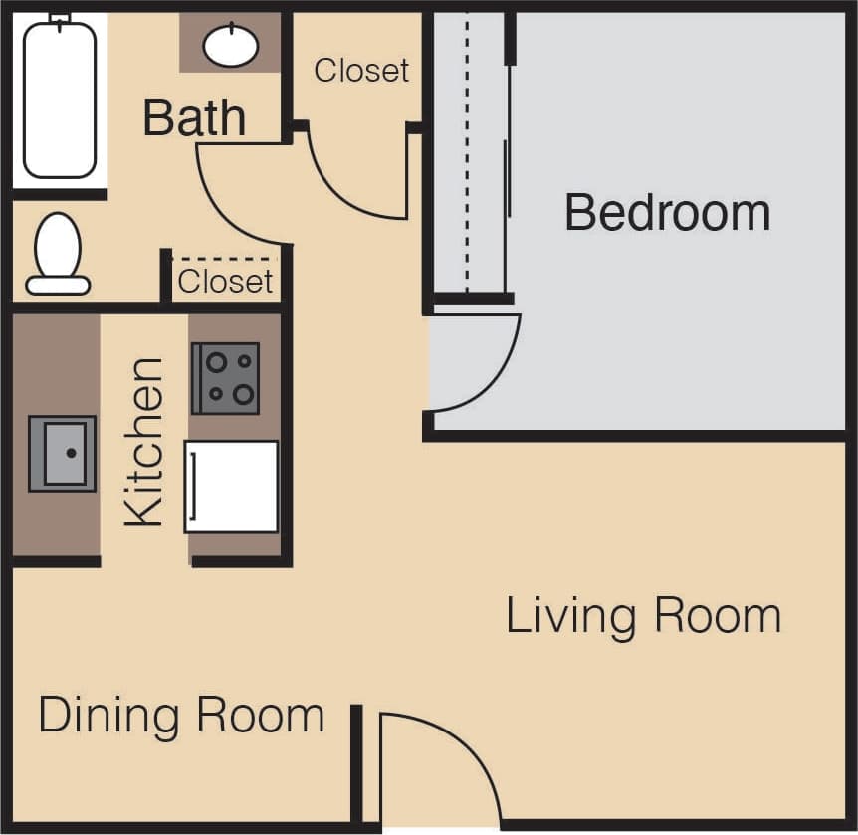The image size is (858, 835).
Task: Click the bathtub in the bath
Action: coord(60,100)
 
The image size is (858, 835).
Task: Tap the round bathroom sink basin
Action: coord(231,45)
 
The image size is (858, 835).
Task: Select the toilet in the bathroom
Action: coord(58,254)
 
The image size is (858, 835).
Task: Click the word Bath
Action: coord(194,117)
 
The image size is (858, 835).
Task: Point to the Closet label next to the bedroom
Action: coord(361,70)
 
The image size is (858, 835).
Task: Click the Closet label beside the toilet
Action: coord(225,282)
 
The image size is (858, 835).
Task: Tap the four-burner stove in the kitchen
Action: coord(226,378)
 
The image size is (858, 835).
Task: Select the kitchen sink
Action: coord(63,453)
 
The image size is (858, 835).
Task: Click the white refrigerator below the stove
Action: coord(231,487)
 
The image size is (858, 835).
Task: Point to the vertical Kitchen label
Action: coord(144,442)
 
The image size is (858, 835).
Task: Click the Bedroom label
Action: coord(667,213)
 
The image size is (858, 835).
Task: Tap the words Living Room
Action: coord(643,616)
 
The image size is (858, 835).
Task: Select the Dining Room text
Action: coord(181,715)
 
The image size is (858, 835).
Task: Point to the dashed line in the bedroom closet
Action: coord(467,149)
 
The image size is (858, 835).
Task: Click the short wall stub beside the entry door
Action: coord(355,761)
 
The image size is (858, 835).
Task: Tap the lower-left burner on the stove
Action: coord(215,394)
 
